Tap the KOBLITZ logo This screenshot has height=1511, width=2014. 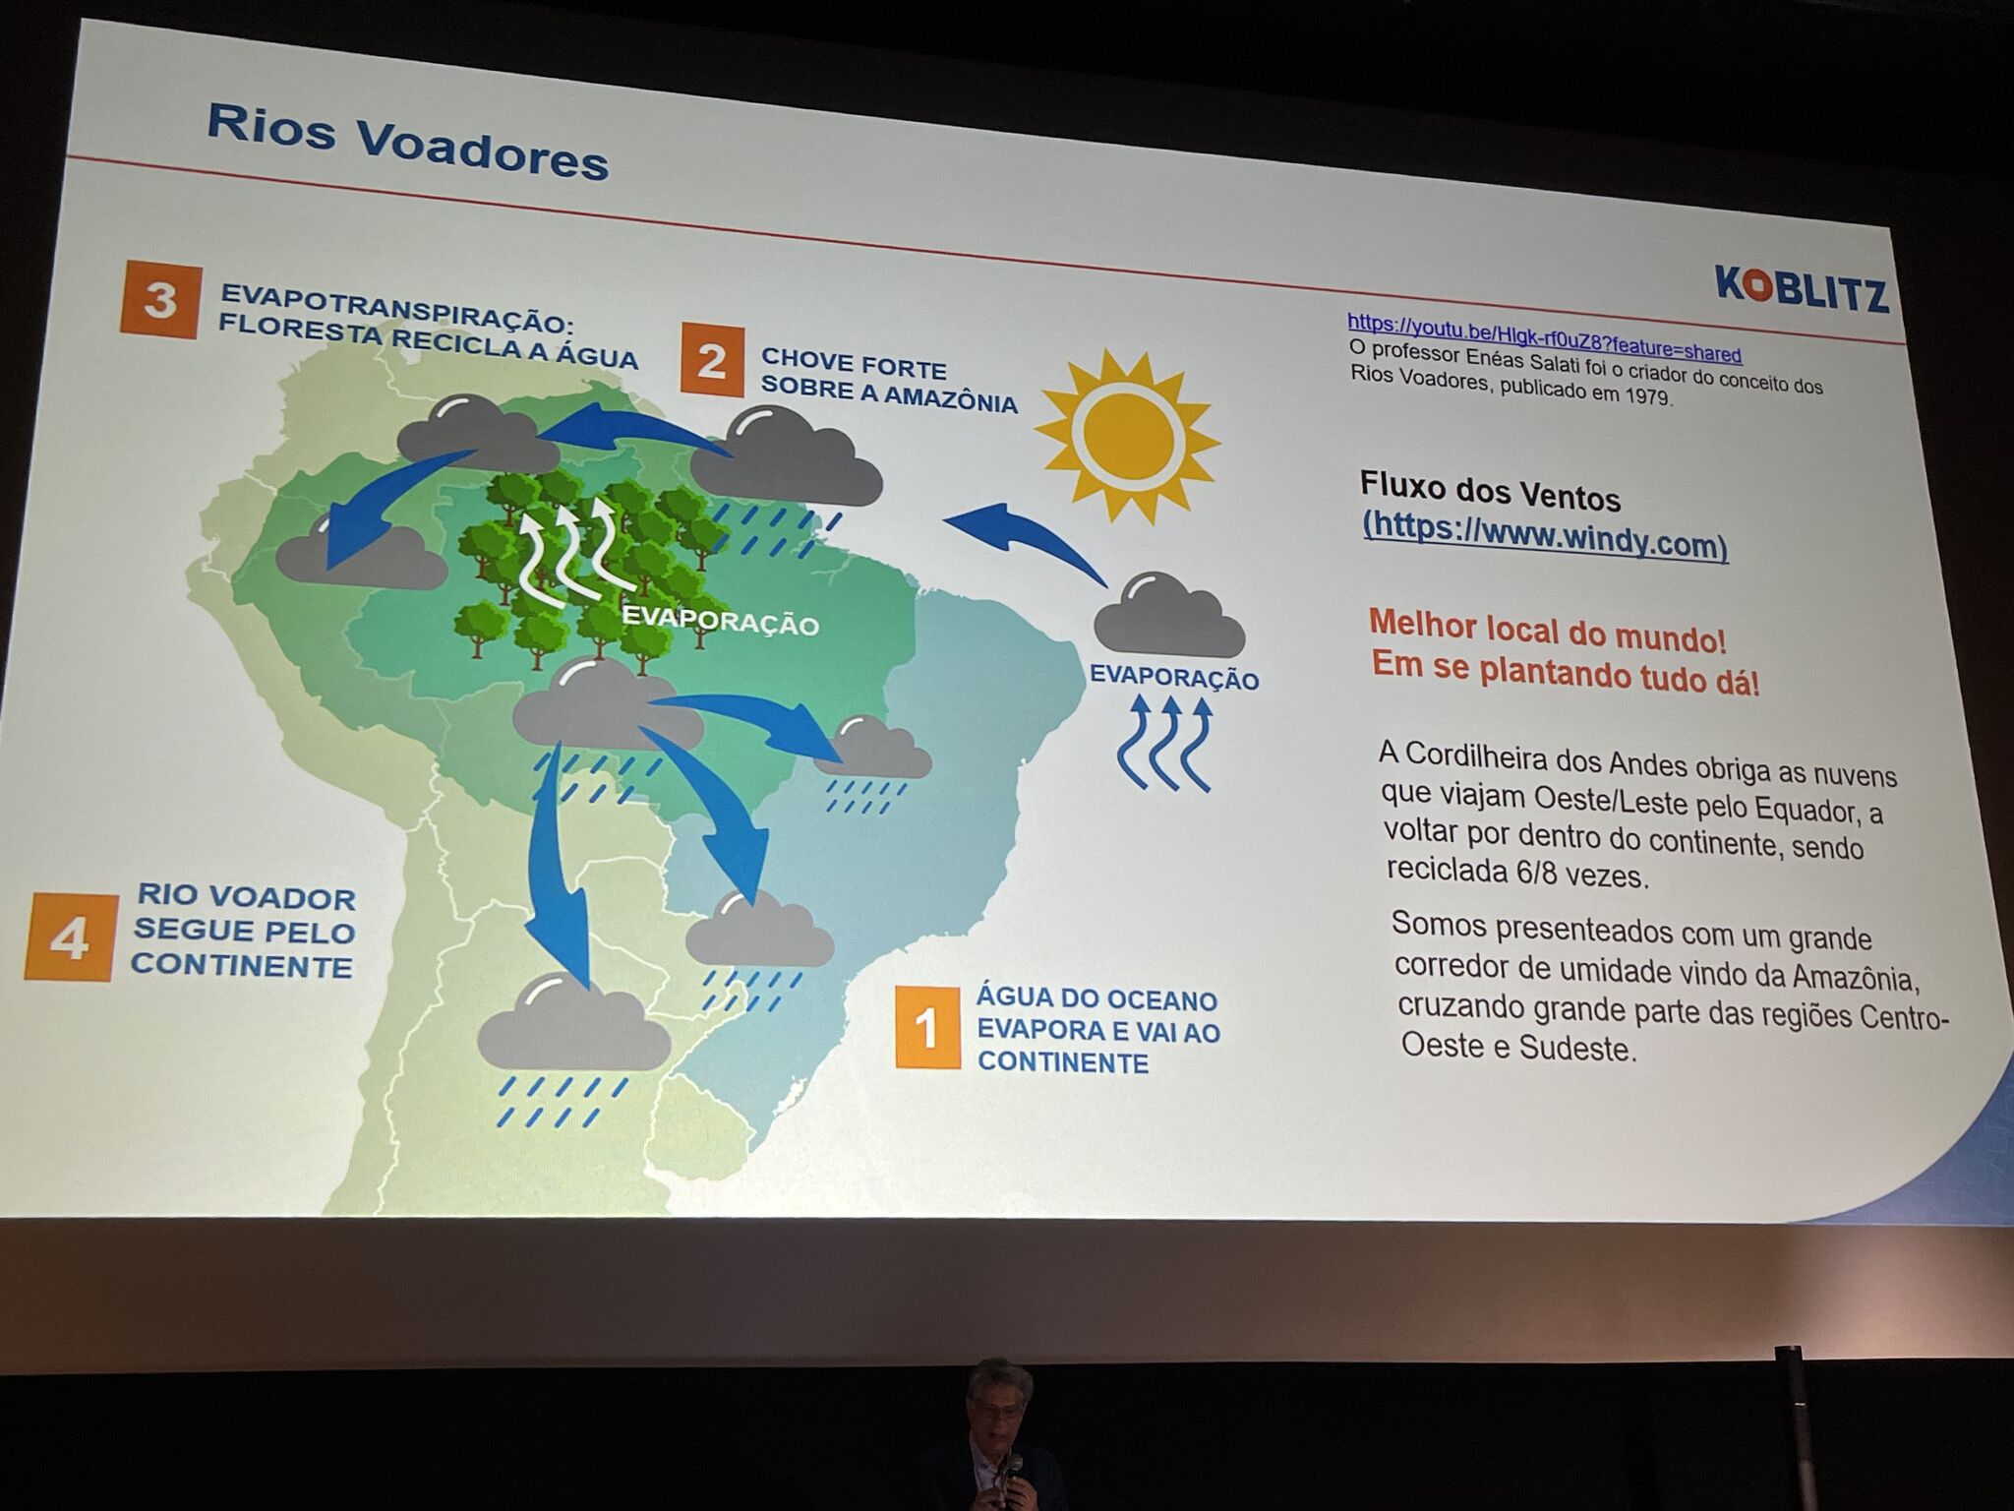pyautogui.click(x=1802, y=288)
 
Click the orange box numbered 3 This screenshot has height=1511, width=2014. pyautogui.click(x=161, y=300)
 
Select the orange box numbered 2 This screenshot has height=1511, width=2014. pyautogui.click(x=712, y=360)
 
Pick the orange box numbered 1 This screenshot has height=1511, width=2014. pyautogui.click(x=927, y=1028)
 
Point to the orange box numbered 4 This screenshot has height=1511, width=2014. pyautogui.click(x=71, y=937)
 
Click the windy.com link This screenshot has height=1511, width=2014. pyautogui.click(x=1545, y=536)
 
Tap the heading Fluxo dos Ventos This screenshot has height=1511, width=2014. pyautogui.click(x=1490, y=491)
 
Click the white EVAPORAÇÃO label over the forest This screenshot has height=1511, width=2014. pyautogui.click(x=721, y=620)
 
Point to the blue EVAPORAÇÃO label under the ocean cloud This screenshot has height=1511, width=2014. pyautogui.click(x=1174, y=677)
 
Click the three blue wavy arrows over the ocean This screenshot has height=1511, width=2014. pyautogui.click(x=1163, y=743)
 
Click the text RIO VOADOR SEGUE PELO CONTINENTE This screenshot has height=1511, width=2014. pyautogui.click(x=243, y=932)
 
